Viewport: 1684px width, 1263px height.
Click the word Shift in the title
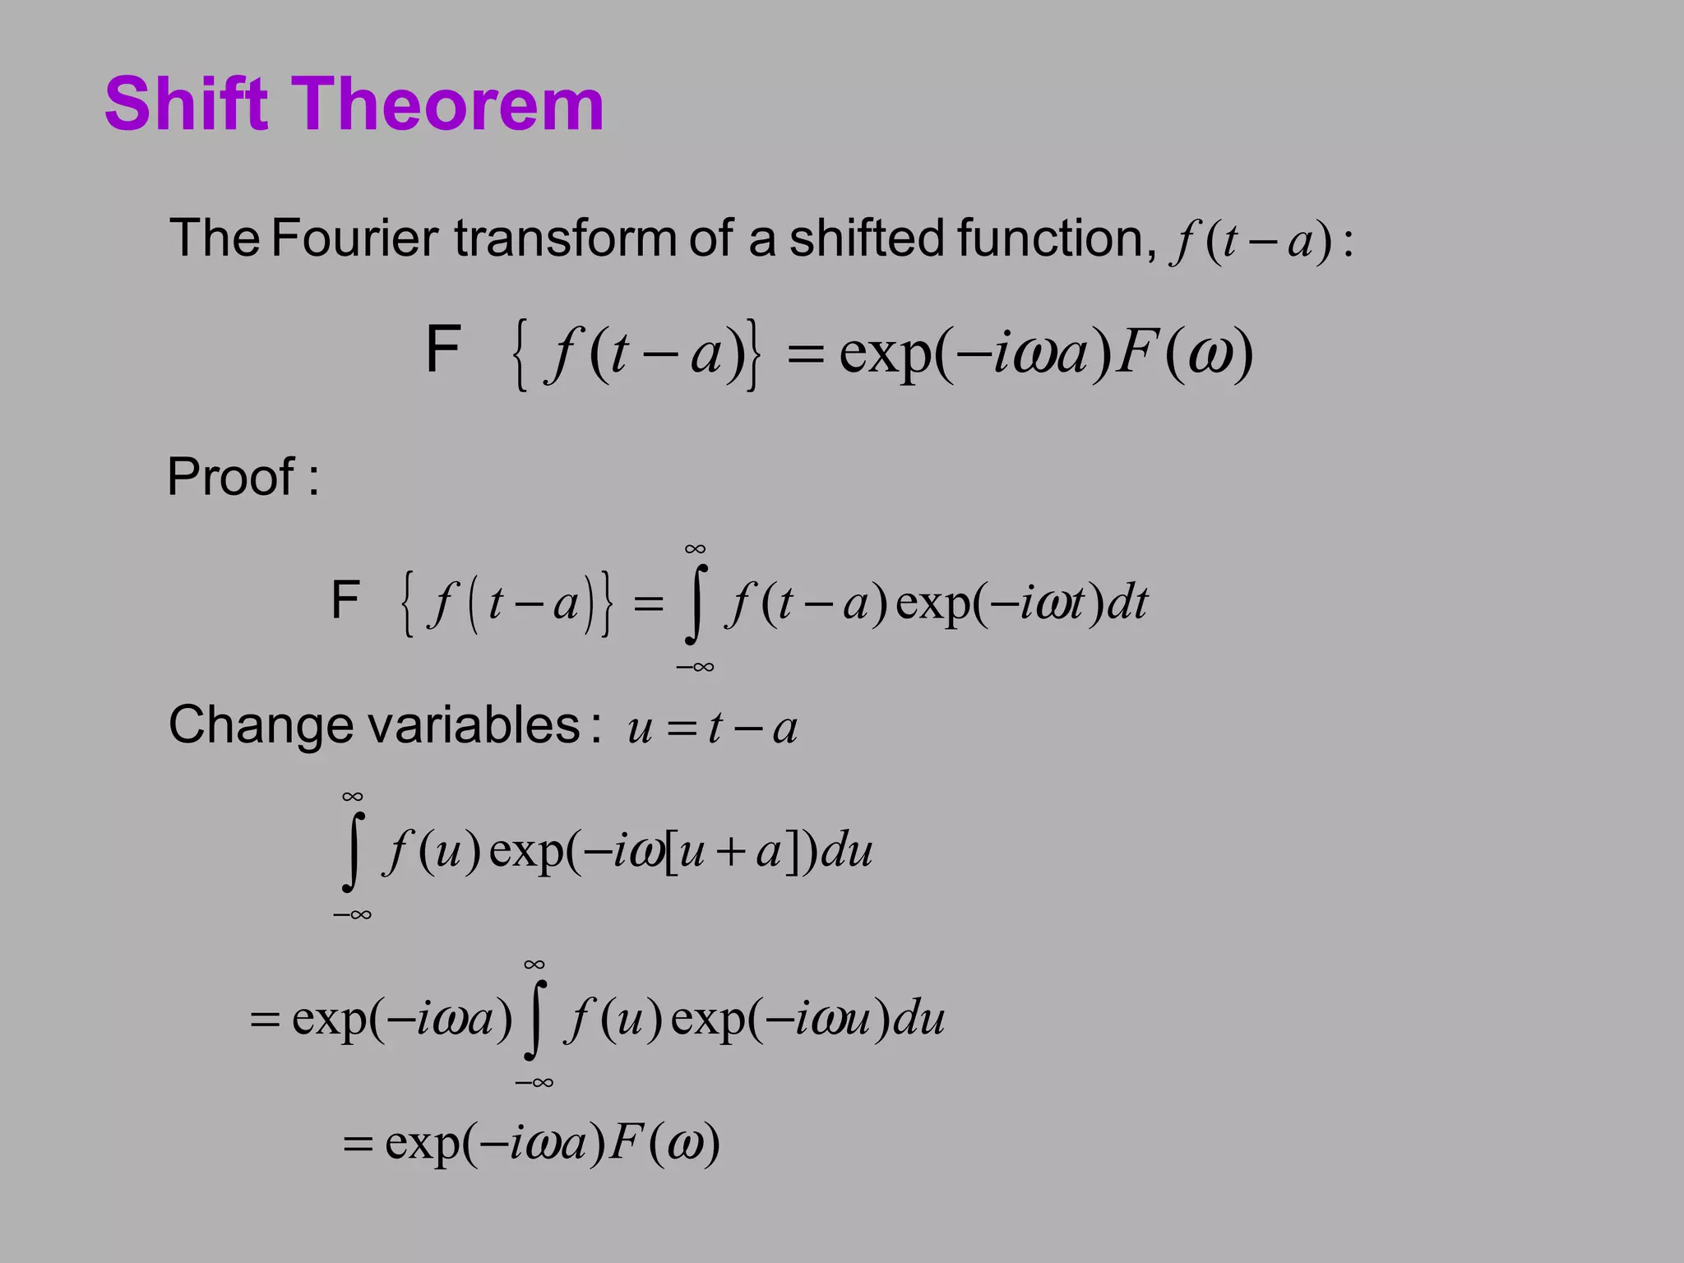point(187,104)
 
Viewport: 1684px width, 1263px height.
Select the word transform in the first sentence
point(566,238)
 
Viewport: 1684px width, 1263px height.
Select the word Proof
point(231,477)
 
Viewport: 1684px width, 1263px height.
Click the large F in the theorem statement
point(443,349)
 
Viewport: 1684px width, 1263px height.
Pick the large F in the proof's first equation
point(345,599)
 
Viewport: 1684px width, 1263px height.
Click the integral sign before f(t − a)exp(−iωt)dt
point(696,604)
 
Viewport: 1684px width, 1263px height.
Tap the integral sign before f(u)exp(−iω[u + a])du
point(353,852)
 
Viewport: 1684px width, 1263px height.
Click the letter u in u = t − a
point(640,729)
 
